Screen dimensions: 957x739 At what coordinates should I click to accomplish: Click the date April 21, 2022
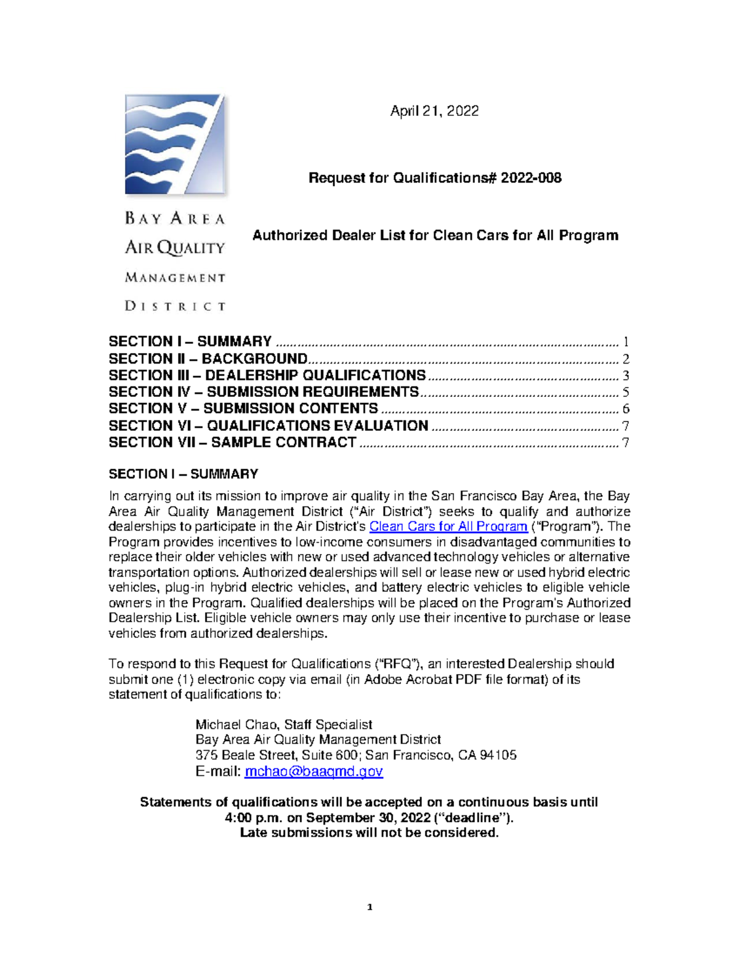pyautogui.click(x=434, y=111)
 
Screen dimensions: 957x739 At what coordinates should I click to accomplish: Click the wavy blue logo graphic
pyautogui.click(x=174, y=144)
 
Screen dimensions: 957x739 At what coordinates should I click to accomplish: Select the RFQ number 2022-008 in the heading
pyautogui.click(x=530, y=178)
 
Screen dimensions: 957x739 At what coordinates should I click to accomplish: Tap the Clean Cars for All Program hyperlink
pyautogui.click(x=448, y=527)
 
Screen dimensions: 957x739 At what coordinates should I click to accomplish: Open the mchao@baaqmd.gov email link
pyautogui.click(x=313, y=772)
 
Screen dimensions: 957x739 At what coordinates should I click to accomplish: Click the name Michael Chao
pyautogui.click(x=235, y=725)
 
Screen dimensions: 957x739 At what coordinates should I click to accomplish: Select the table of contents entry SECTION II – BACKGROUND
pyautogui.click(x=208, y=359)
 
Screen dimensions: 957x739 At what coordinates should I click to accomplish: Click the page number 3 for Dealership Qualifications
pyautogui.click(x=625, y=376)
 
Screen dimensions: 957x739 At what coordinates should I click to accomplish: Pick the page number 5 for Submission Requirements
pyautogui.click(x=625, y=393)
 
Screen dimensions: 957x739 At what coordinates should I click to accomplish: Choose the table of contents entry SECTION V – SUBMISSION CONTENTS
pyautogui.click(x=243, y=409)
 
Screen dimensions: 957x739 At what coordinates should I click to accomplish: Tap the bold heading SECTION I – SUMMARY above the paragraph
pyautogui.click(x=183, y=474)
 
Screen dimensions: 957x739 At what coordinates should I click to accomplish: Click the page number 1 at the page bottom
pyautogui.click(x=369, y=906)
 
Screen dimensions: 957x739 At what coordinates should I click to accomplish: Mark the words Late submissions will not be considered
pyautogui.click(x=369, y=833)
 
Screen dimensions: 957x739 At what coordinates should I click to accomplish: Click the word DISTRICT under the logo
pyautogui.click(x=176, y=306)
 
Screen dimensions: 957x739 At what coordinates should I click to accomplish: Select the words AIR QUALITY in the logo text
pyautogui.click(x=176, y=248)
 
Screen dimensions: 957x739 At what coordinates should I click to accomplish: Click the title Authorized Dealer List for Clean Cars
pyautogui.click(x=435, y=235)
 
